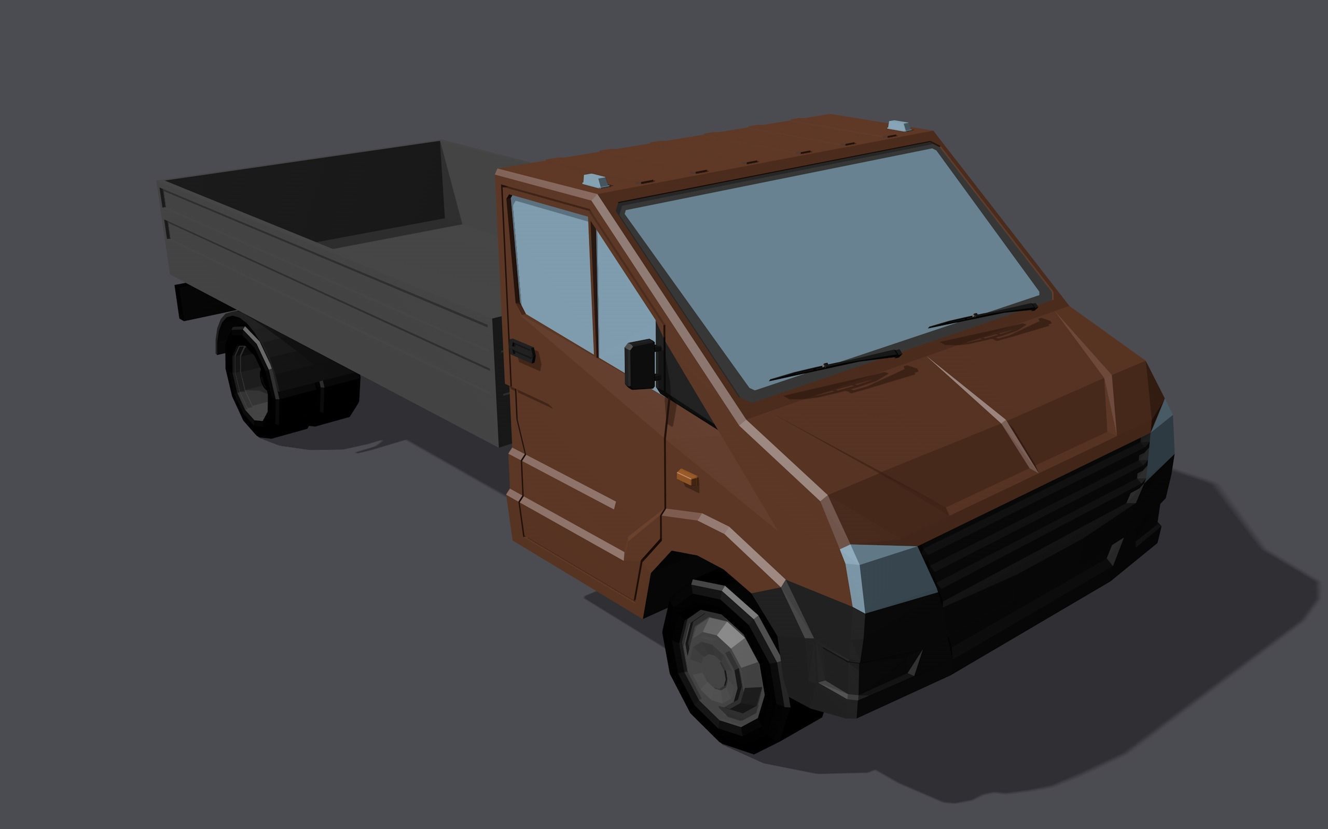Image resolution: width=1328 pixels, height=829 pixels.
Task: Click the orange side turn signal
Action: (x=686, y=477)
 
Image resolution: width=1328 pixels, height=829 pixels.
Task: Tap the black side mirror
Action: (x=640, y=364)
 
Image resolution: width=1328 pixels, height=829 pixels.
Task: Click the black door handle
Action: (x=522, y=350)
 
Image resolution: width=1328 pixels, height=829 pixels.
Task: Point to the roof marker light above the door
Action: (x=595, y=180)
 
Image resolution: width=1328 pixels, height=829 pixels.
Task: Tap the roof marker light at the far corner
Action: (x=898, y=126)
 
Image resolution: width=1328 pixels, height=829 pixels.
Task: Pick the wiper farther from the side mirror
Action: (x=983, y=315)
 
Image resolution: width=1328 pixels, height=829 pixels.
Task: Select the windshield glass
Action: (x=834, y=263)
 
